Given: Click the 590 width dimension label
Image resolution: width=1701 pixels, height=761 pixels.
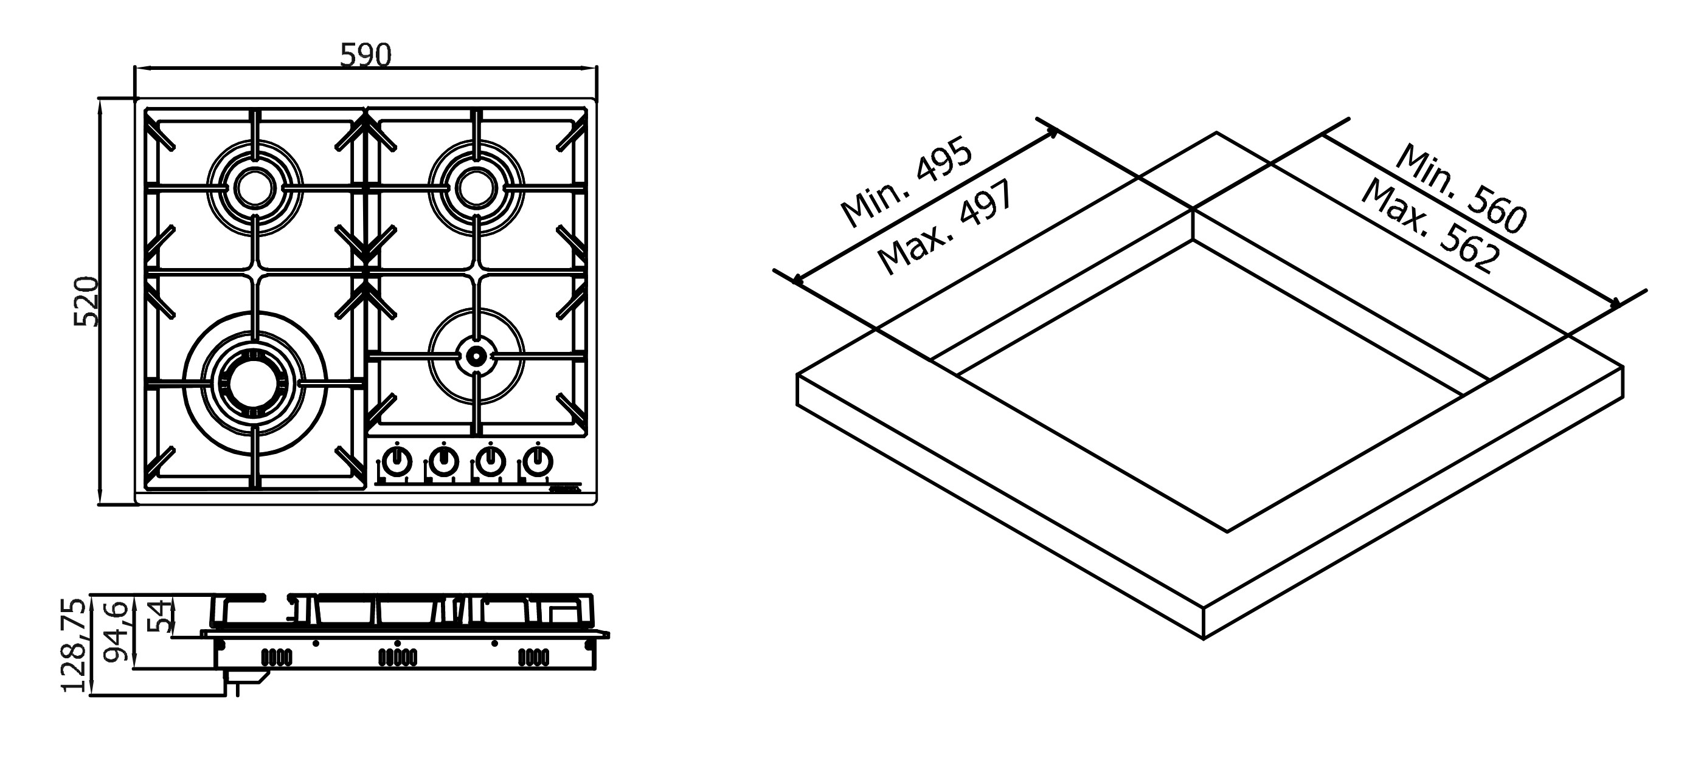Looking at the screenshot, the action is point(366,55).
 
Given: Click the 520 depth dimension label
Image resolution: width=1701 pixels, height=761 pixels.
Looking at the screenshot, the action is point(86,301).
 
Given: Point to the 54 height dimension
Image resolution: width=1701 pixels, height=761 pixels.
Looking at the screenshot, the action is point(159,616).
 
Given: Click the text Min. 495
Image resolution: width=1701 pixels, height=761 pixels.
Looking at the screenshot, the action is point(906,182).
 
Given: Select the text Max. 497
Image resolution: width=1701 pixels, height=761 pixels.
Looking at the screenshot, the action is point(945,228).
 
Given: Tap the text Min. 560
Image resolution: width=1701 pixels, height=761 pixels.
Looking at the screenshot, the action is point(1461,188).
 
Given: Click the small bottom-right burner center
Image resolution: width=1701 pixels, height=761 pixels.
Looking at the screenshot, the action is point(476,356).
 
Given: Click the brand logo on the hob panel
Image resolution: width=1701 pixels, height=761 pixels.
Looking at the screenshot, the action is point(564,490).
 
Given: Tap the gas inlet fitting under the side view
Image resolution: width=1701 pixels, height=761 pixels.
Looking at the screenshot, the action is point(248,680).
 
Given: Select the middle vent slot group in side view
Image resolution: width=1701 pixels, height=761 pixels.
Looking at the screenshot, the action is point(397,658).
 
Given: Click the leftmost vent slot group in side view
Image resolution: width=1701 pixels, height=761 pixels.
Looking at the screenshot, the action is point(277,658).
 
